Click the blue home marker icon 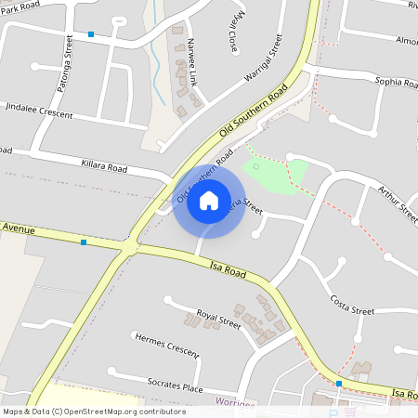coord(209,201)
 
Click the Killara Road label coord(103,166)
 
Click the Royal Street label coord(219,320)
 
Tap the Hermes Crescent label coord(166,345)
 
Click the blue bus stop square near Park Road coord(91,34)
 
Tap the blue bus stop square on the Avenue coord(84,242)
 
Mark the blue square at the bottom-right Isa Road coord(339,383)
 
